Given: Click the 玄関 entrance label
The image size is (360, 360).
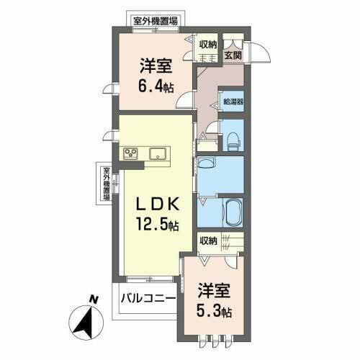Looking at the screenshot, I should click(231, 53).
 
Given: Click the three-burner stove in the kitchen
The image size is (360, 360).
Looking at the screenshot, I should click(131, 153).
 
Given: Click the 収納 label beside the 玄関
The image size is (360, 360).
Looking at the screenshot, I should click(208, 42).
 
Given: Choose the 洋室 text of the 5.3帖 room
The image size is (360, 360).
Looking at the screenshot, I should click(216, 292).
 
